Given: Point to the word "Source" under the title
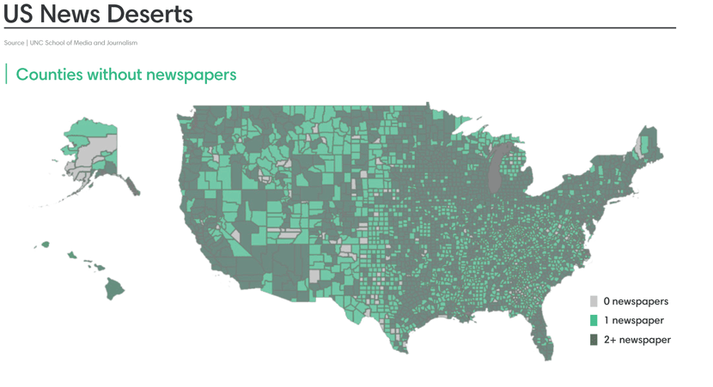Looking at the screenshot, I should tap(14, 43).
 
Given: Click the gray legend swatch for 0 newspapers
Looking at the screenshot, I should tap(594, 301).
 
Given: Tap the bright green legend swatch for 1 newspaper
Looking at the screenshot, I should tap(594, 320).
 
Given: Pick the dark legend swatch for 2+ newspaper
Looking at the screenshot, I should tap(594, 340).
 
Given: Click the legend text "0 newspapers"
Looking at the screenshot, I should tap(636, 301).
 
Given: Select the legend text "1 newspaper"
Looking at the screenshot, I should tap(633, 320).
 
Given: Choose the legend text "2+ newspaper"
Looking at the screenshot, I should tap(637, 340).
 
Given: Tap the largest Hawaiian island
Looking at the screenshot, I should tap(114, 289).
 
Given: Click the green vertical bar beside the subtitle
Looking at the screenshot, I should tap(7, 75).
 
